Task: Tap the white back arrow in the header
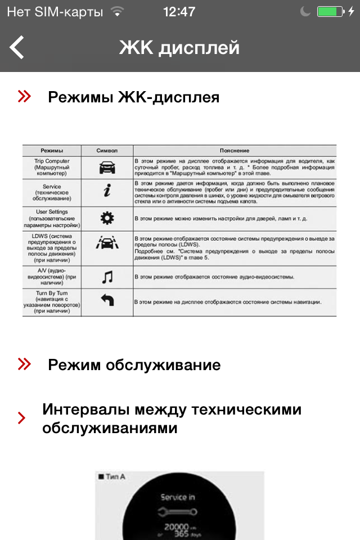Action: [17, 47]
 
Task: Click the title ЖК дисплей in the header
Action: [179, 48]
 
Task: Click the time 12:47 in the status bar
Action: [179, 12]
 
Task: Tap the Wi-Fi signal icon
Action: [117, 12]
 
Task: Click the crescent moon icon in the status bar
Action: [305, 12]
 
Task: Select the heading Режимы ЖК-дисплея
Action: [133, 97]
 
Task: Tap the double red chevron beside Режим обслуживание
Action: [24, 364]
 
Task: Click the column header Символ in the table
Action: [107, 150]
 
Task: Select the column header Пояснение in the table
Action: [235, 150]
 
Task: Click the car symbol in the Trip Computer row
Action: [107, 167]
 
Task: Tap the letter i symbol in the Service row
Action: [107, 192]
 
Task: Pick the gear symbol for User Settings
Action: [107, 218]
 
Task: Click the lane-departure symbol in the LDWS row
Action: [107, 245]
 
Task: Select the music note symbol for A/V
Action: [107, 277]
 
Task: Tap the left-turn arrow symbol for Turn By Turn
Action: [107, 301]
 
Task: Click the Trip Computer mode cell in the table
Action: [52, 167]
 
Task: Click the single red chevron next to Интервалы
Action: [21, 418]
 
